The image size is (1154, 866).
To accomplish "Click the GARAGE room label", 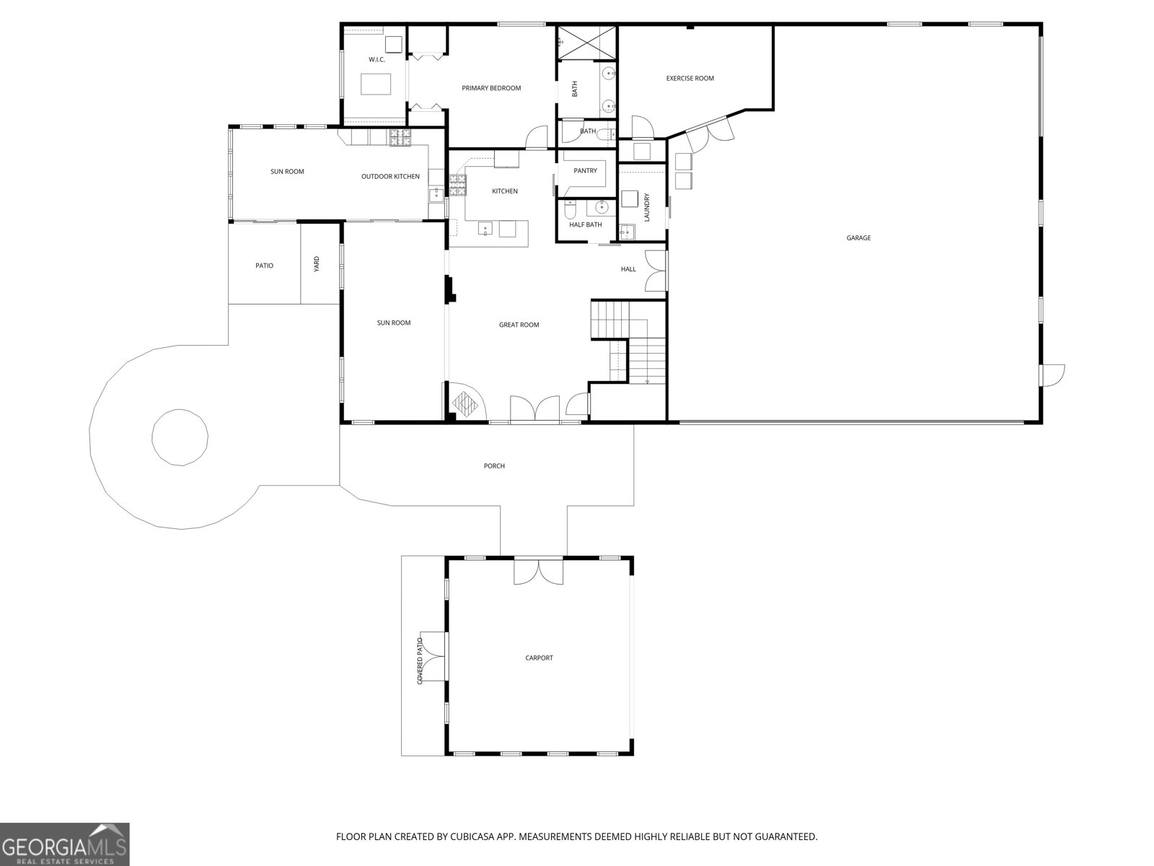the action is click(x=858, y=237).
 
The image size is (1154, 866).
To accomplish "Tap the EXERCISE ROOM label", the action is click(x=690, y=79).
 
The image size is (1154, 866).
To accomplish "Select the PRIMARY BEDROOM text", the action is click(x=491, y=88).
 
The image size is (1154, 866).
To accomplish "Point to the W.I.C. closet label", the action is click(x=376, y=59).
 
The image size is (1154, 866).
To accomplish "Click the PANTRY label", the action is click(x=585, y=170).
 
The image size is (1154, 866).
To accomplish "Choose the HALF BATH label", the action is click(x=585, y=224).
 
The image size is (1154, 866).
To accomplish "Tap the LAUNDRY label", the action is click(x=647, y=207).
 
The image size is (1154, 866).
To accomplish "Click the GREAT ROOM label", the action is click(x=519, y=325).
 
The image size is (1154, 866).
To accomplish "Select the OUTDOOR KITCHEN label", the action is click(x=390, y=177).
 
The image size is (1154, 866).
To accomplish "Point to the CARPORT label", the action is click(x=539, y=657).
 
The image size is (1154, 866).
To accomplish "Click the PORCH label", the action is click(x=494, y=466).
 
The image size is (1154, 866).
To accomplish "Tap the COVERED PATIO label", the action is click(x=420, y=661).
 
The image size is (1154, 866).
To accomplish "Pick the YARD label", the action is click(x=317, y=264).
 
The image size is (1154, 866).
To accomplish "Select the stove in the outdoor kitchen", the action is click(x=400, y=138).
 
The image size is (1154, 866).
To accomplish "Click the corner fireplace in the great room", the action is click(x=465, y=402).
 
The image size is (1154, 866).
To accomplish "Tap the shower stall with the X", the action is click(x=586, y=42).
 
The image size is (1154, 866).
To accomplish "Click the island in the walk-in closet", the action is click(x=375, y=84).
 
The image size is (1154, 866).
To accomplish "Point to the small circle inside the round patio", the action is click(x=180, y=437).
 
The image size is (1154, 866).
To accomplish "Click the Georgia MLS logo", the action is click(x=64, y=844).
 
